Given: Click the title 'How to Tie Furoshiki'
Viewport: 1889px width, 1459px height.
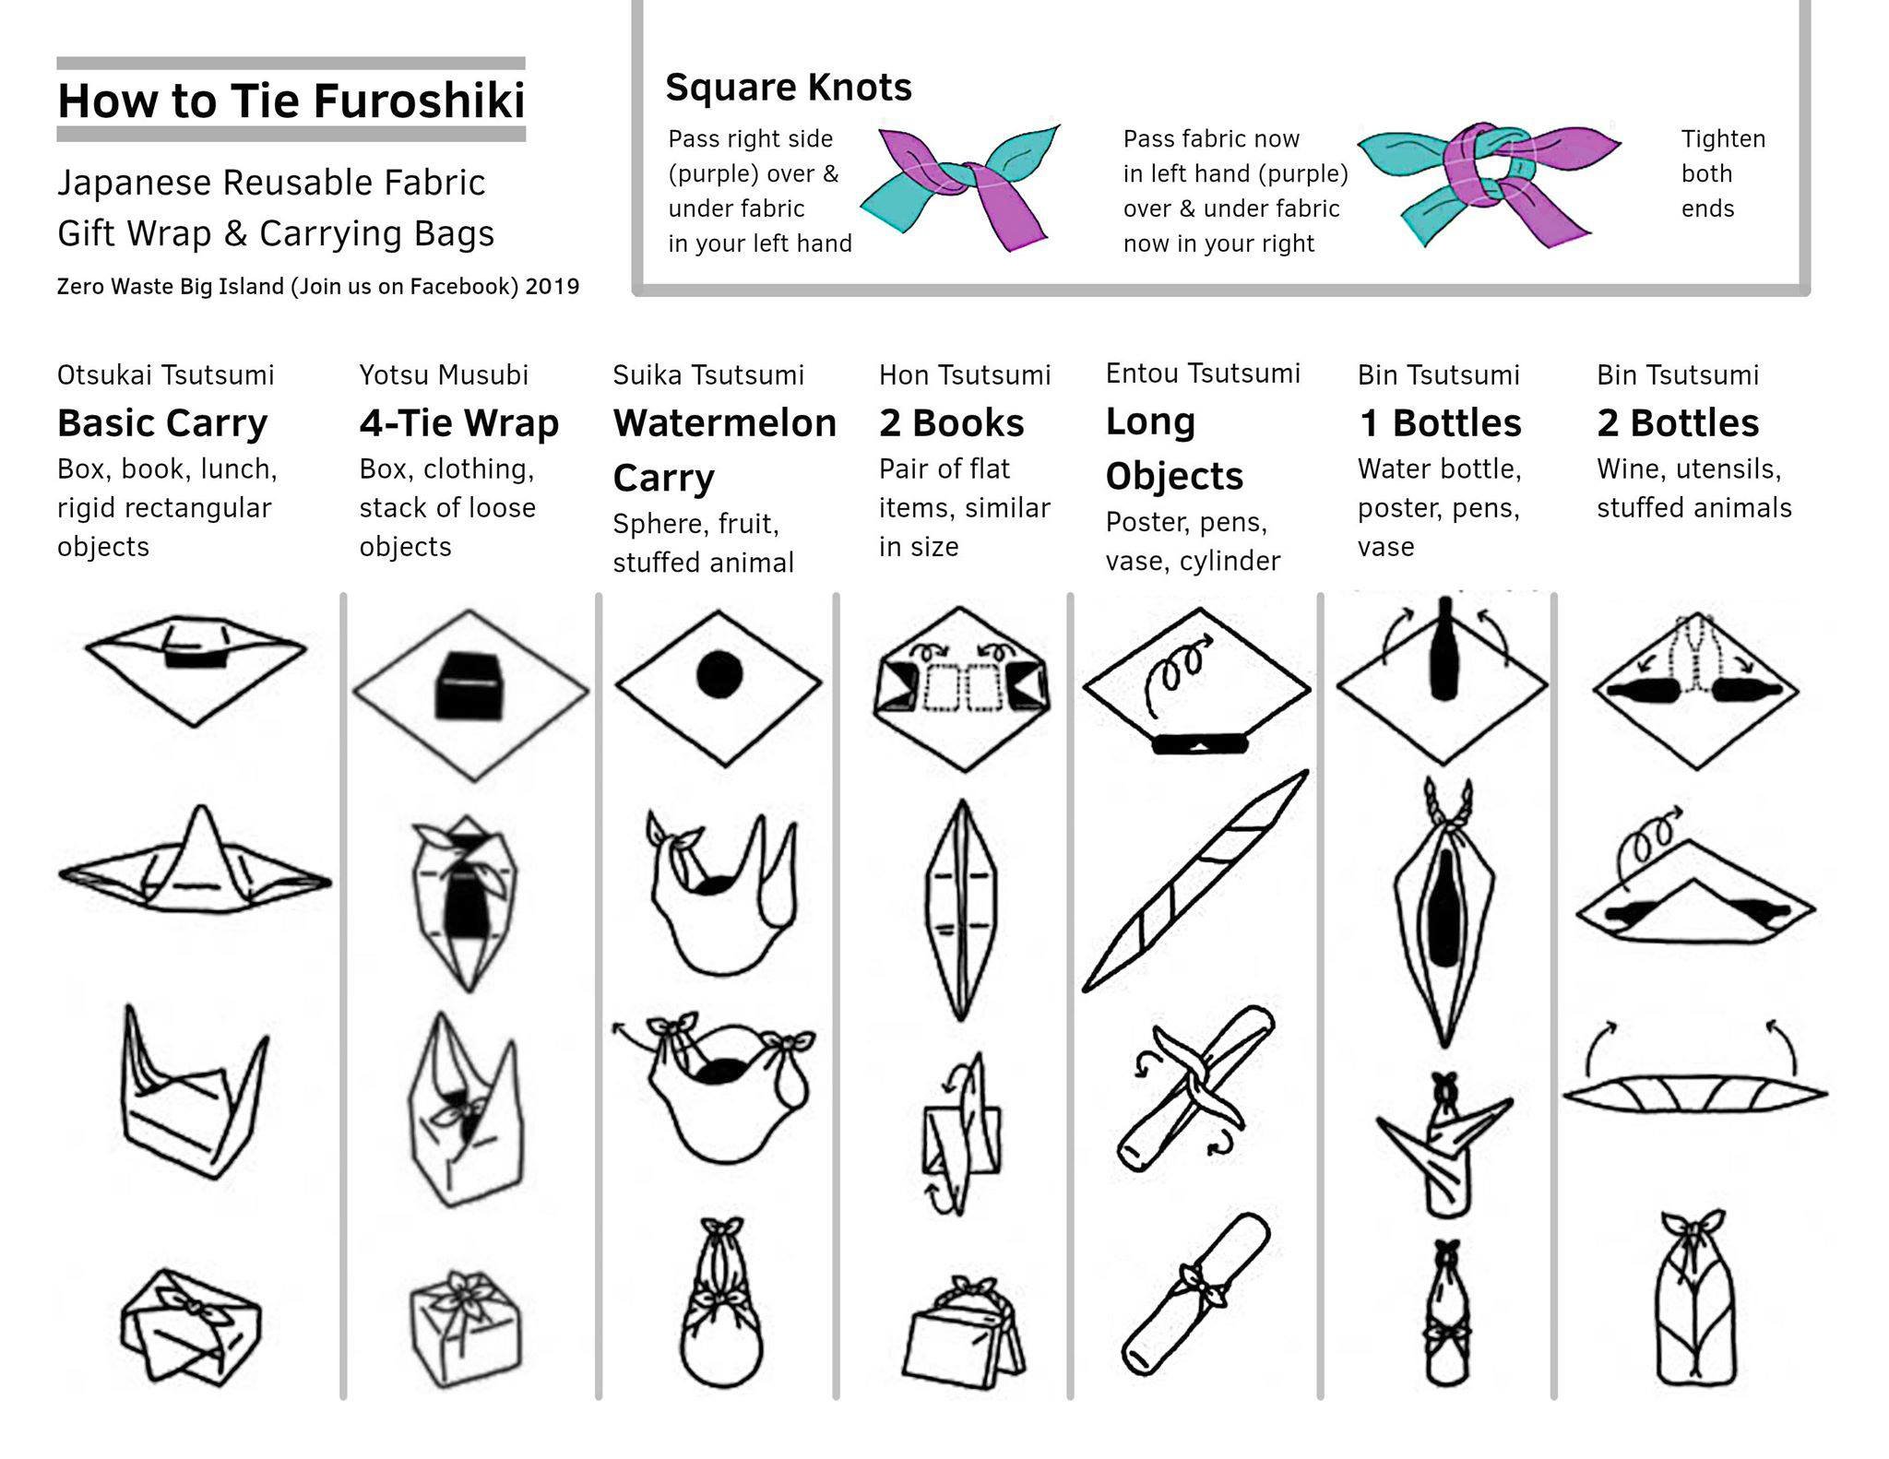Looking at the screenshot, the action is pos(291,100).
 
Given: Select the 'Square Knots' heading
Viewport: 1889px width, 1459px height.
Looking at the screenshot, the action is pos(789,88).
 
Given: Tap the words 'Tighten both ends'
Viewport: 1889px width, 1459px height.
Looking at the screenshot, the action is pos(1723,173).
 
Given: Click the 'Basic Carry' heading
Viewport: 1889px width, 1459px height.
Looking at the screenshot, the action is pos(162,423).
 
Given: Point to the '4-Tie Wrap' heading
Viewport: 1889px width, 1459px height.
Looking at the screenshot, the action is pos(459,423).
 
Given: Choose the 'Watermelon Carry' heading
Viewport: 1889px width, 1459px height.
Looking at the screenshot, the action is pos(725,450).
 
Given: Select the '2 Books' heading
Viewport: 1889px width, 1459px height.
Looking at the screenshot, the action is pos(951,423).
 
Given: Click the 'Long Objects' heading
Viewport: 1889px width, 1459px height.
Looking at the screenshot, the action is pos(1174,448).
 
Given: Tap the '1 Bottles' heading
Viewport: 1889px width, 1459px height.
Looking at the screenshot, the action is pos(1440,423).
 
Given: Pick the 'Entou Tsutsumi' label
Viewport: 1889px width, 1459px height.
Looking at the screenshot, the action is pos(1203,374).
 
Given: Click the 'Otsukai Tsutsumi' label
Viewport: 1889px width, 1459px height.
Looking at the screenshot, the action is pos(166,375).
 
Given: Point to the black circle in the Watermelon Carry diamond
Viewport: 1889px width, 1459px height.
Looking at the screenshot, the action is pos(719,674).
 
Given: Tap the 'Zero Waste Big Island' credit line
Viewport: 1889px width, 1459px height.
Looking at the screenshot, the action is pos(318,287).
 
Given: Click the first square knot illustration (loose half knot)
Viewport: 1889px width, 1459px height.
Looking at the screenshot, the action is pos(959,187).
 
